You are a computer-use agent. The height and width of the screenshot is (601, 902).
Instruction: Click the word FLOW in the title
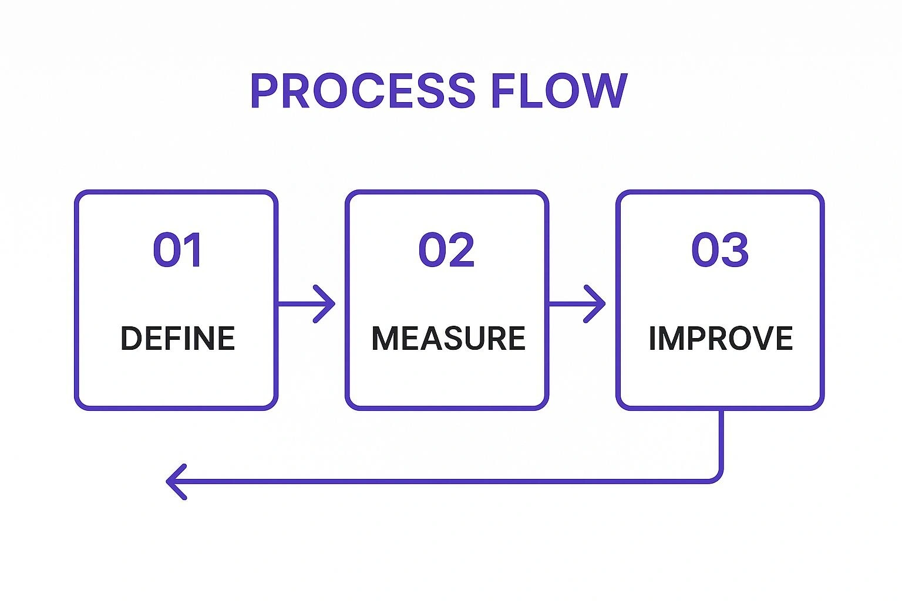coord(558,91)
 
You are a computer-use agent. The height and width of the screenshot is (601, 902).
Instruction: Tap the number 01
coord(177,250)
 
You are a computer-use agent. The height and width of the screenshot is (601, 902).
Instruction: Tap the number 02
coord(446,250)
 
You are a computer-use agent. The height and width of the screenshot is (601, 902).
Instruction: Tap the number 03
coord(720,250)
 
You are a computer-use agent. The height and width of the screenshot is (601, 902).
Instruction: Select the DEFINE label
coord(177,339)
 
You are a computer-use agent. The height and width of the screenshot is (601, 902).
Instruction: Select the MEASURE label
coord(448,339)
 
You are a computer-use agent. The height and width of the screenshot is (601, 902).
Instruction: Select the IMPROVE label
coord(721,339)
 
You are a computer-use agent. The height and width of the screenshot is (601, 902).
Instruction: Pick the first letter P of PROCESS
coord(264,91)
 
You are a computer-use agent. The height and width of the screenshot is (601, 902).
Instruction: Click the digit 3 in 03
coord(735,250)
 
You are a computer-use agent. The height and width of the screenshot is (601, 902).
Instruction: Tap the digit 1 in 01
coord(193,250)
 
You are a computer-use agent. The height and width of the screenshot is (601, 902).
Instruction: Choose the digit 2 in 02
coord(462,250)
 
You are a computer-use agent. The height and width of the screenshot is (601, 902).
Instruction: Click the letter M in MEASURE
coord(385,339)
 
